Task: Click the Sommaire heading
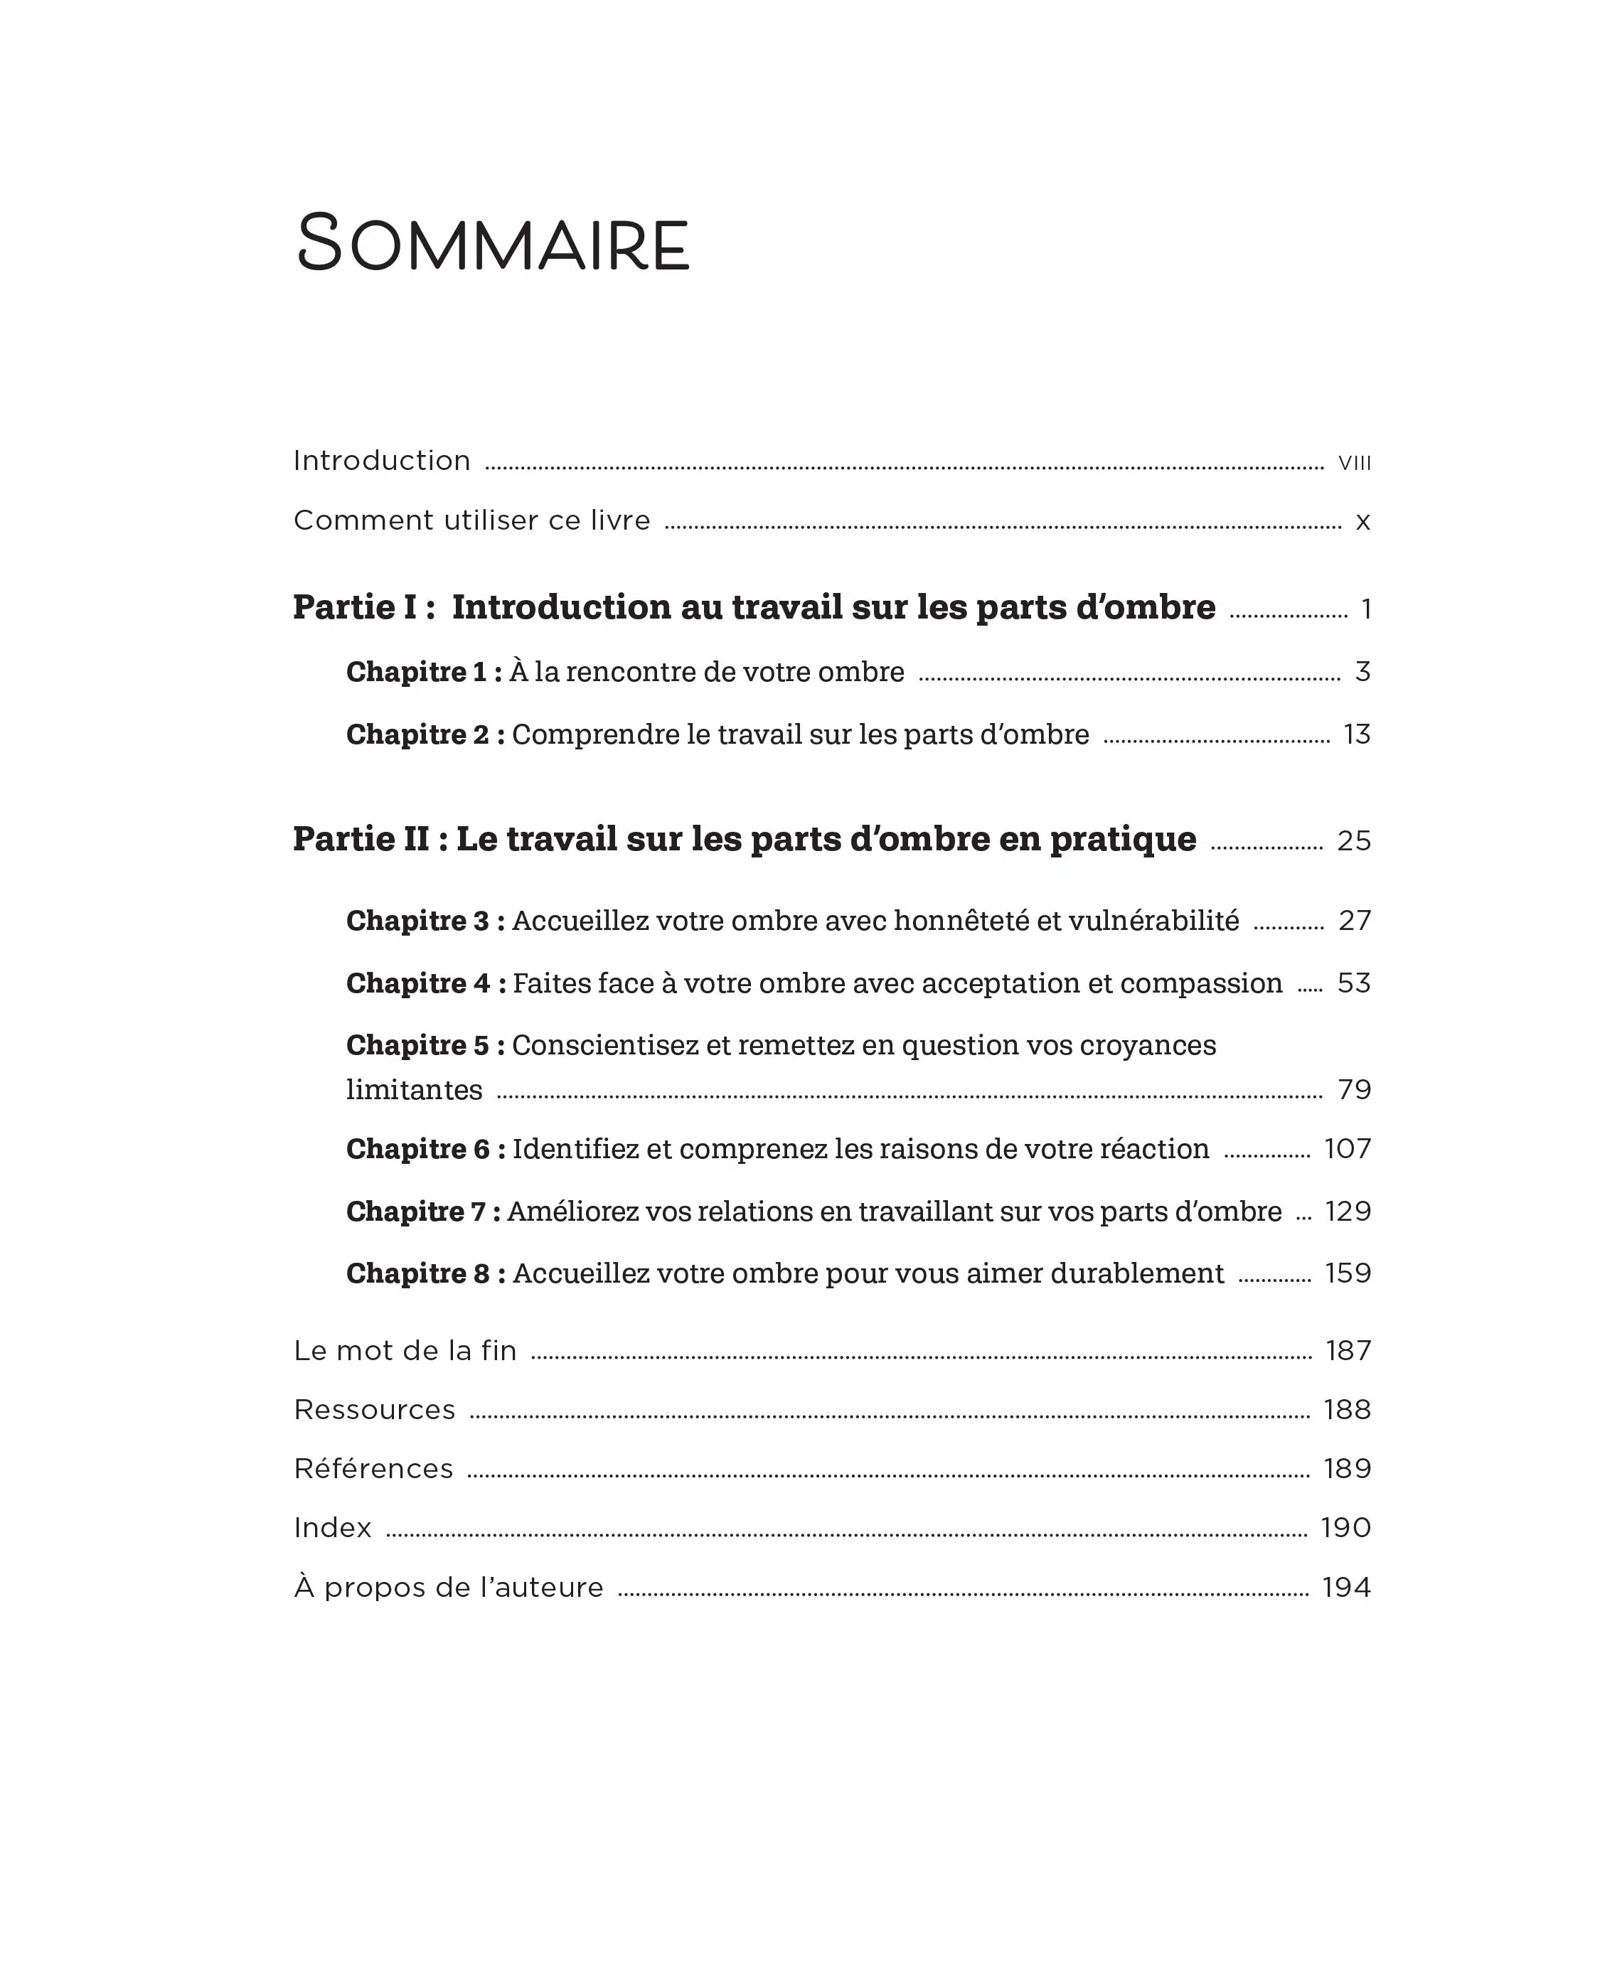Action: coord(492,243)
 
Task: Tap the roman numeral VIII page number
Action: coord(1354,463)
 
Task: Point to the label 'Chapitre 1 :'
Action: coord(424,672)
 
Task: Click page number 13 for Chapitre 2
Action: coord(1357,734)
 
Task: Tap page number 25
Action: coord(1354,840)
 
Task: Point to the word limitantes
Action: coord(414,1089)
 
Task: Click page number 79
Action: coord(1354,1090)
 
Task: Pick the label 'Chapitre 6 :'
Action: coord(426,1149)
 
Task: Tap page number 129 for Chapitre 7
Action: coord(1348,1211)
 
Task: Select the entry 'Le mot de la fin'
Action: coord(405,1351)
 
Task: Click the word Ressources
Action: coord(374,1410)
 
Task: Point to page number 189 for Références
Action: coord(1348,1469)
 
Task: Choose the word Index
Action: coord(332,1528)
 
